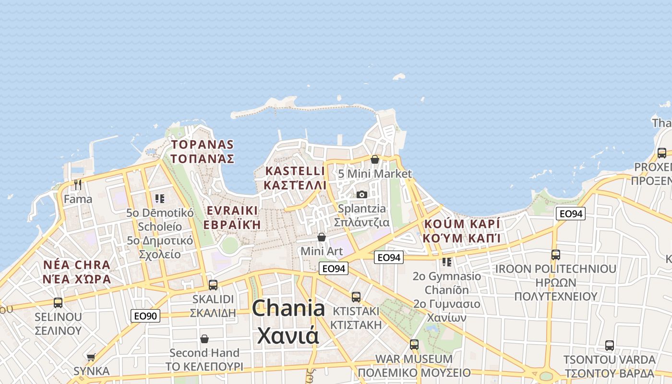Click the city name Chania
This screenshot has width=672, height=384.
288,308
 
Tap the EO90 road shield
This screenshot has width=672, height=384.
145,316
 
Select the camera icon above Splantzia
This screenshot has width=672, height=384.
362,194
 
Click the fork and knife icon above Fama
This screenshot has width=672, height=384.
78,184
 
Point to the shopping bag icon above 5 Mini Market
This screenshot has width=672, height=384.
375,159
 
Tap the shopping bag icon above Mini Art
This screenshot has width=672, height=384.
322,237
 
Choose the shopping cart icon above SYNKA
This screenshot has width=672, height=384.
91,357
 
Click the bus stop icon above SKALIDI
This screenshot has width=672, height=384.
213,285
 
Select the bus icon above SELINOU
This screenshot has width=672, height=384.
58,303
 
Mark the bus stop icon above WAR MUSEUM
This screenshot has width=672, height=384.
414,344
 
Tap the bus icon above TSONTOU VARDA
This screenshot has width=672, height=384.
609,345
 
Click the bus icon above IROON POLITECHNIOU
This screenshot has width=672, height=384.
556,254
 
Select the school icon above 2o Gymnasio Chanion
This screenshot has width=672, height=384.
447,262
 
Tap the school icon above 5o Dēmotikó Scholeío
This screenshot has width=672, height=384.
160,198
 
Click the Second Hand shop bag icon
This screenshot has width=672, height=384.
204,339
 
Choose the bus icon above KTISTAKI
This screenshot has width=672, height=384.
356,297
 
